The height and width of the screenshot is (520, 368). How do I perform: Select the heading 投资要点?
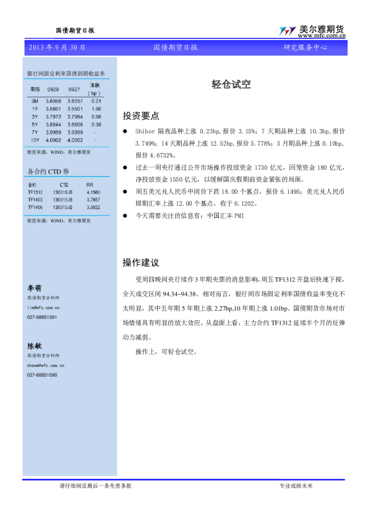click(x=140, y=115)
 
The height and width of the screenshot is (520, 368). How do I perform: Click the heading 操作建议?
click(x=140, y=262)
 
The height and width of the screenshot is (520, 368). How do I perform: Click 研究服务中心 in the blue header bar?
click(x=306, y=48)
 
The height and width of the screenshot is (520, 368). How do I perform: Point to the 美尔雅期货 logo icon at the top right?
click(x=286, y=31)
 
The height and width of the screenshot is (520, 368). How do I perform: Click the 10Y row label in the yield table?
click(x=35, y=140)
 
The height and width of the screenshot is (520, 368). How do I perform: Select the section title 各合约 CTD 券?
click(x=49, y=171)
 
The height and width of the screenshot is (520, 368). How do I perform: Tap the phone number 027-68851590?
click(x=42, y=375)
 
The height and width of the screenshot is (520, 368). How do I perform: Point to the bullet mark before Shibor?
click(x=126, y=132)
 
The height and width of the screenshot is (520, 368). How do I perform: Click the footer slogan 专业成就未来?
click(x=296, y=486)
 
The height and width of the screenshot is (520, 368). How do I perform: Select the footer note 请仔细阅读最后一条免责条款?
click(x=95, y=486)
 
